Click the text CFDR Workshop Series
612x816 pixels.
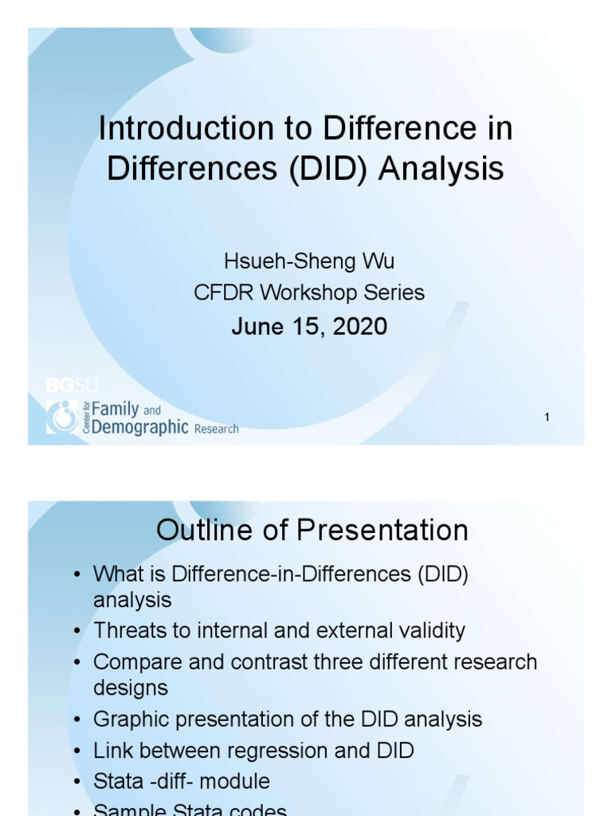tap(309, 292)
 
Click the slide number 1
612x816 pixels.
tap(547, 417)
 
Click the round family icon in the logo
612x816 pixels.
tap(61, 417)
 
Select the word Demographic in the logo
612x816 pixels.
tap(139, 428)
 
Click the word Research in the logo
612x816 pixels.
tap(216, 429)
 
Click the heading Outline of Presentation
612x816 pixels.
tap(312, 530)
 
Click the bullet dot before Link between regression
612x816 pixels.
tap(76, 751)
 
